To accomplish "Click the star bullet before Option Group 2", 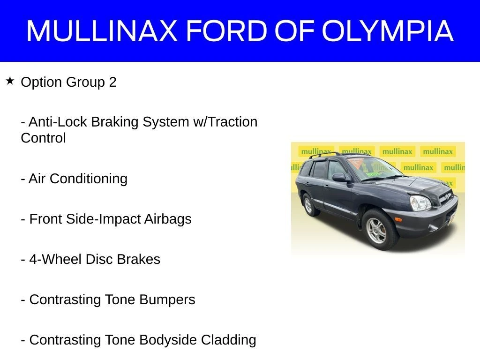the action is [x=10, y=81].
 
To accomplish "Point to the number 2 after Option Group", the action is [x=112, y=82].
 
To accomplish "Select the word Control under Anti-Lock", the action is [x=43, y=138].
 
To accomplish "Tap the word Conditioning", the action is [x=89, y=179].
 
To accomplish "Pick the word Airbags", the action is [x=168, y=219].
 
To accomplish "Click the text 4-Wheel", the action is [x=56, y=259].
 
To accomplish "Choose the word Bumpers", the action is [x=167, y=300].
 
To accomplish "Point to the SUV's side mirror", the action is [x=339, y=177].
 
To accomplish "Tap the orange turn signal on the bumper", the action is [x=398, y=219].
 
